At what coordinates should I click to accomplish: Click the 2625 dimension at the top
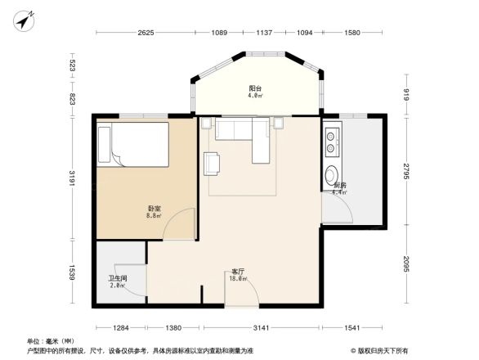tap(145, 32)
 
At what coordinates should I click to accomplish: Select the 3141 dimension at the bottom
tap(261, 327)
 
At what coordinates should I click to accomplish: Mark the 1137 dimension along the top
tap(263, 32)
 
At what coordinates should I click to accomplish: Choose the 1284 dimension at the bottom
tap(122, 327)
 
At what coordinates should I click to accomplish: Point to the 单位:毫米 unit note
tap(51, 341)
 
